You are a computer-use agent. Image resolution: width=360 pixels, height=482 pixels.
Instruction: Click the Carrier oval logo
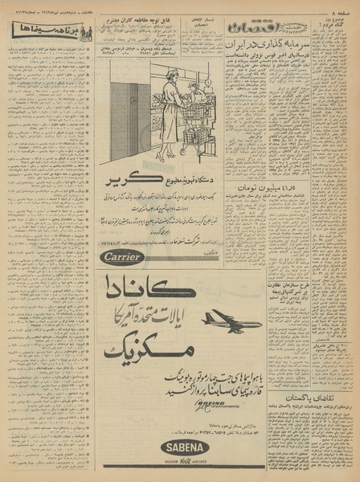pyautogui.click(x=123, y=256)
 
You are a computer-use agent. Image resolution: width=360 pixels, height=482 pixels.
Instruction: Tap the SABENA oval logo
pyautogui.click(x=186, y=448)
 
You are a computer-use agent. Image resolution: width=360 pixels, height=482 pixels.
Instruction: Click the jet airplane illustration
pyautogui.click(x=232, y=321)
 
